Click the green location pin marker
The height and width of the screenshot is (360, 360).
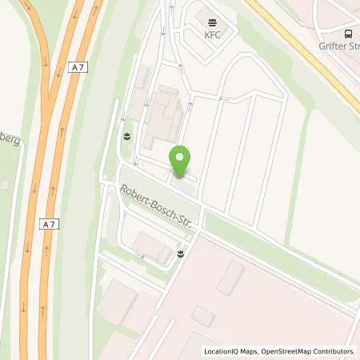181,161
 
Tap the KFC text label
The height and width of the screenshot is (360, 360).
212,35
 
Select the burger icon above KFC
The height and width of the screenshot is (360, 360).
212,22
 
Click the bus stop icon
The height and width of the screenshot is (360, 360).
349,34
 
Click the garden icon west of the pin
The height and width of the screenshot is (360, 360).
126,135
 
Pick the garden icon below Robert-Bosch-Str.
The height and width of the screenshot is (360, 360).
182,254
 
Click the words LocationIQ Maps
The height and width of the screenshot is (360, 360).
232,351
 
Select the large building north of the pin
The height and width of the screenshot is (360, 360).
164,116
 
